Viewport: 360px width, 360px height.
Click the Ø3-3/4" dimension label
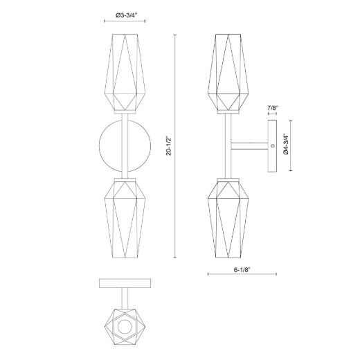(x=126, y=15)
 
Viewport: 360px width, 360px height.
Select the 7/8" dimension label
(x=273, y=107)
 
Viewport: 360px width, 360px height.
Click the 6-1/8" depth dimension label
(x=242, y=270)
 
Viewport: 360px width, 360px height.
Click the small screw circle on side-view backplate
(x=273, y=146)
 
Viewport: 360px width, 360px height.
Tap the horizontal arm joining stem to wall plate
(x=249, y=146)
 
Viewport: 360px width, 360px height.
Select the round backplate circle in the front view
(x=99, y=146)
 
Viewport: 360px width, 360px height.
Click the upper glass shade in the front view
(x=125, y=72)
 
